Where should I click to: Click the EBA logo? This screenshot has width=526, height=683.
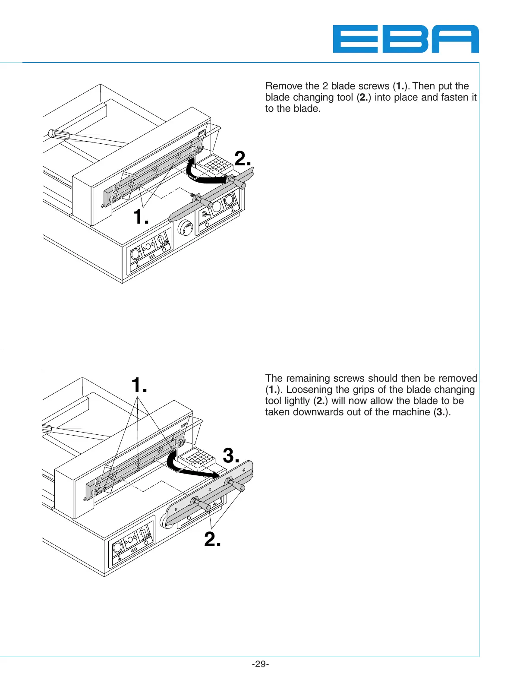point(406,39)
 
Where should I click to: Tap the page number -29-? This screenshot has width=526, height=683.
point(260,664)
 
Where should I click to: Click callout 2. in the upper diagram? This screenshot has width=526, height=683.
point(243,159)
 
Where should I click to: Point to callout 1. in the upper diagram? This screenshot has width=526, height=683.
point(141,217)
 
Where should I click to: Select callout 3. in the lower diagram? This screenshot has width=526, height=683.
point(231,455)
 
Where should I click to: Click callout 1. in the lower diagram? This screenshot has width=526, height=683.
point(139,385)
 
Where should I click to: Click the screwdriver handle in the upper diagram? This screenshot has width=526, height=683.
point(59,134)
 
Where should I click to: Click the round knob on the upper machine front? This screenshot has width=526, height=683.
point(185,227)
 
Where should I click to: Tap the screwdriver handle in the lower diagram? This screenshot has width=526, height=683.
point(47,430)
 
